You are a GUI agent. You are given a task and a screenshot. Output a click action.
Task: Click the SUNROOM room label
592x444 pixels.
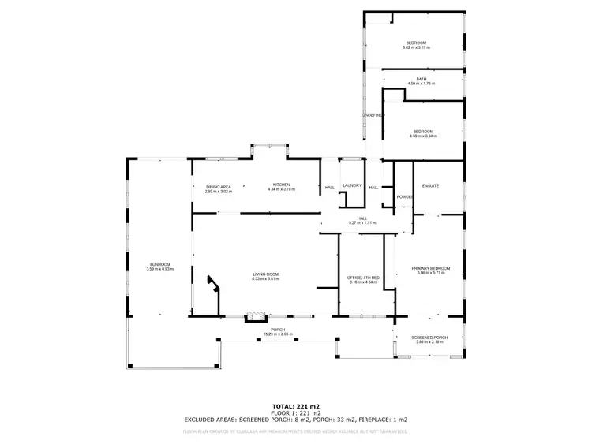click(x=159, y=264)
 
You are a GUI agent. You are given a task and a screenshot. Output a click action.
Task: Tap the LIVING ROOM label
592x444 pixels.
click(x=265, y=274)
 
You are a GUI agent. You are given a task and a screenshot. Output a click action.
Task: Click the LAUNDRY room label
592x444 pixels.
click(x=352, y=186)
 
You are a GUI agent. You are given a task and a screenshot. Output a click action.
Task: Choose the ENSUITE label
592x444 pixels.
click(x=430, y=185)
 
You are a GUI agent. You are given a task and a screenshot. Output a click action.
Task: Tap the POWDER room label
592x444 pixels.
click(x=405, y=196)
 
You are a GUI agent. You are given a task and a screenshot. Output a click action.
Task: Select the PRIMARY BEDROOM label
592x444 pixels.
click(x=430, y=269)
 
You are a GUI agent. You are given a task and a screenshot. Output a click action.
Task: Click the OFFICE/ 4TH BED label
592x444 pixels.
click(x=365, y=278)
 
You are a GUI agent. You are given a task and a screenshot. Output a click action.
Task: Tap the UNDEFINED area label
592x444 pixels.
click(x=373, y=115)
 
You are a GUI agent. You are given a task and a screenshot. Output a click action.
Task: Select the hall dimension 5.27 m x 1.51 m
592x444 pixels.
click(x=362, y=223)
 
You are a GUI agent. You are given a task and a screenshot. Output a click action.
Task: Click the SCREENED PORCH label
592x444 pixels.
click(x=429, y=338)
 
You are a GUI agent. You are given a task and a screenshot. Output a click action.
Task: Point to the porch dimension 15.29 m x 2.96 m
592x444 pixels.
click(x=277, y=334)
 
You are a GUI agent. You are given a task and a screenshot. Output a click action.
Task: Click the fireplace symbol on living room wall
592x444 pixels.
click(x=253, y=316)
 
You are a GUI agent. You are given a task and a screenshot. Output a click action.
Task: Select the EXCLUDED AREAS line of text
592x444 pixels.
click(x=295, y=420)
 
